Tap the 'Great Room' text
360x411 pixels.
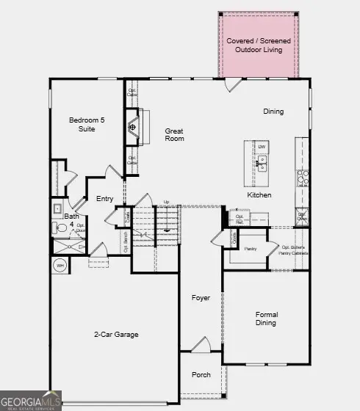(x=174, y=134)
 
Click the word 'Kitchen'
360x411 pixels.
(x=259, y=195)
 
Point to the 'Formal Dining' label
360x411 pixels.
(x=266, y=319)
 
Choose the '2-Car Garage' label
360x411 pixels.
(x=116, y=334)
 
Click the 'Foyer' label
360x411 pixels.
(x=201, y=298)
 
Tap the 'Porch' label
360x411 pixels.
(x=201, y=374)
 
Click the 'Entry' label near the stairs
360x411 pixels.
(x=105, y=199)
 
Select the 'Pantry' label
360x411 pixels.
(x=251, y=250)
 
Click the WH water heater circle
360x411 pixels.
(x=60, y=265)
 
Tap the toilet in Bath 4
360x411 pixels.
(x=62, y=229)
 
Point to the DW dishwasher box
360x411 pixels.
(x=262, y=147)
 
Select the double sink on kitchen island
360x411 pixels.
(x=262, y=163)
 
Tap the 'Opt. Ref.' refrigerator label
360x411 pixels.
(x=240, y=219)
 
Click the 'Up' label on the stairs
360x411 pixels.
(x=166, y=202)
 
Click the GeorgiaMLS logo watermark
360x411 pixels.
(x=32, y=400)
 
